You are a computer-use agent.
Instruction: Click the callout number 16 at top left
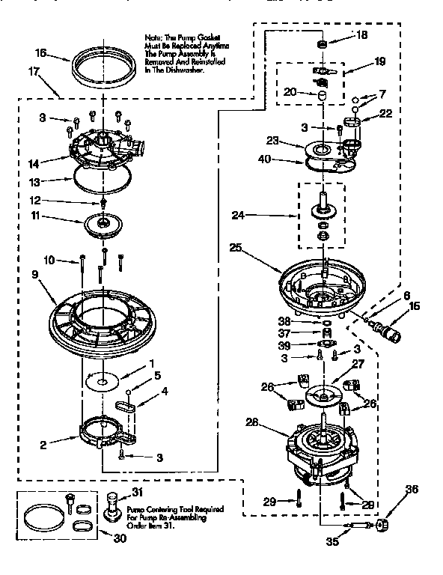[x=40, y=53]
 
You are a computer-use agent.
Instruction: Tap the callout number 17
[x=34, y=72]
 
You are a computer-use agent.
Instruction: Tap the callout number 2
[x=43, y=445]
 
